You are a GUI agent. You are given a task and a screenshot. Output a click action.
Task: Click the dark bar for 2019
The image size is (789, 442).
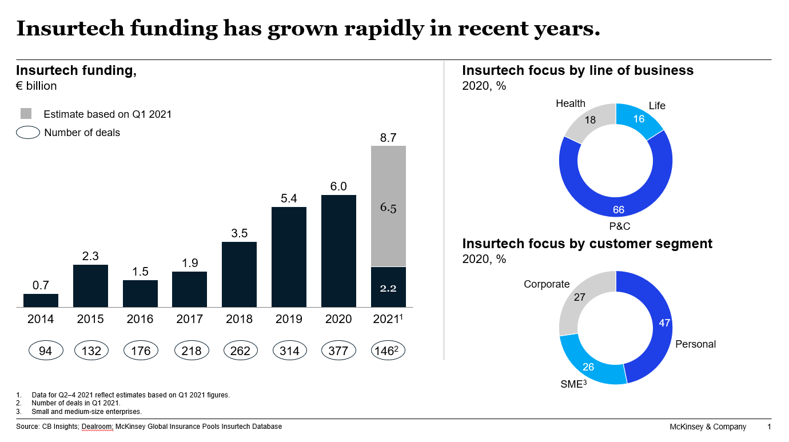289,257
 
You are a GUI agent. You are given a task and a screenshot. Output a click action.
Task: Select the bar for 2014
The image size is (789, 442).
41,301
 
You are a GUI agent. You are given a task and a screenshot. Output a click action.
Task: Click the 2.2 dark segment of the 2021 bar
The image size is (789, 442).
388,287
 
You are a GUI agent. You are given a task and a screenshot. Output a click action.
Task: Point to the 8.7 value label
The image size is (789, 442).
388,137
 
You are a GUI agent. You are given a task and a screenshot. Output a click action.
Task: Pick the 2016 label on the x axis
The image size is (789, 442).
140,319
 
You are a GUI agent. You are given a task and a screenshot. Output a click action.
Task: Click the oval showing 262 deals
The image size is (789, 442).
240,351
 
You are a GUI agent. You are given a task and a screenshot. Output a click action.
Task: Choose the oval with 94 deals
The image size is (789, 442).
45,351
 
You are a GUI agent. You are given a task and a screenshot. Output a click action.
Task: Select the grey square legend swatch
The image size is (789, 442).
26,114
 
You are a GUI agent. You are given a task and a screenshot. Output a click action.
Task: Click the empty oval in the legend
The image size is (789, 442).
28,133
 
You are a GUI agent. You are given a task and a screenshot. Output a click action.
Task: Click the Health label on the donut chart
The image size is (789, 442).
570,103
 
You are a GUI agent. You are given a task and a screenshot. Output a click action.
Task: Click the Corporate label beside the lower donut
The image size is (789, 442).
547,284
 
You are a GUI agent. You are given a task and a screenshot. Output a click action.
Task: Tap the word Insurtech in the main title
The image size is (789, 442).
65,29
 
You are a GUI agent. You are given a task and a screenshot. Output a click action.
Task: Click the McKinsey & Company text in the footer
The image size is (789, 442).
708,427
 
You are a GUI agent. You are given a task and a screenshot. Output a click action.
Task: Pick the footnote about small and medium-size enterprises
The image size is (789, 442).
86,411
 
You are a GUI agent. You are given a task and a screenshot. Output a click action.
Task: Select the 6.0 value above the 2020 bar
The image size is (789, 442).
338,186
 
